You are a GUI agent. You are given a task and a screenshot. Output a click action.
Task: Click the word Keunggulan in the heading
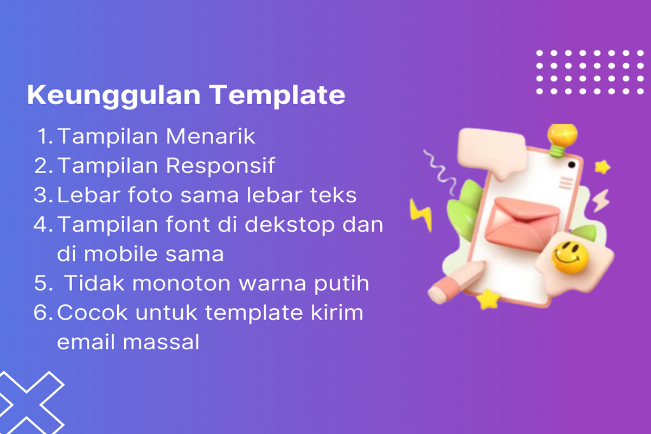click(113, 95)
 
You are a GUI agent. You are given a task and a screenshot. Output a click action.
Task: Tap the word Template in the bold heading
click(277, 95)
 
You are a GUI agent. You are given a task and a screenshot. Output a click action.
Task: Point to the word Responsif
click(220, 165)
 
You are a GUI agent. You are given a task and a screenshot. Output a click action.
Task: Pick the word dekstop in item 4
click(290, 225)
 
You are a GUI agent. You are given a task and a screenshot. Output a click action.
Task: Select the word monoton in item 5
click(181, 283)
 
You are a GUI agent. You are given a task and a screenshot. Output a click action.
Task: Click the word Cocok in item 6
click(92, 312)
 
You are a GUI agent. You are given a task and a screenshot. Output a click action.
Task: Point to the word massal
click(161, 342)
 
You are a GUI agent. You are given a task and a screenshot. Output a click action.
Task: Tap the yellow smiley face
click(570, 258)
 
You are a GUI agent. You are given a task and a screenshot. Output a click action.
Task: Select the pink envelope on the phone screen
click(522, 224)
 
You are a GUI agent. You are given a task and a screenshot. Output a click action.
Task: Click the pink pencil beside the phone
click(456, 283)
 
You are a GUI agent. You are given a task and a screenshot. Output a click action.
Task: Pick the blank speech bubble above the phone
click(492, 151)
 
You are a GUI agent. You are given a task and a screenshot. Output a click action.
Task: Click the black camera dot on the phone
click(571, 165)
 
